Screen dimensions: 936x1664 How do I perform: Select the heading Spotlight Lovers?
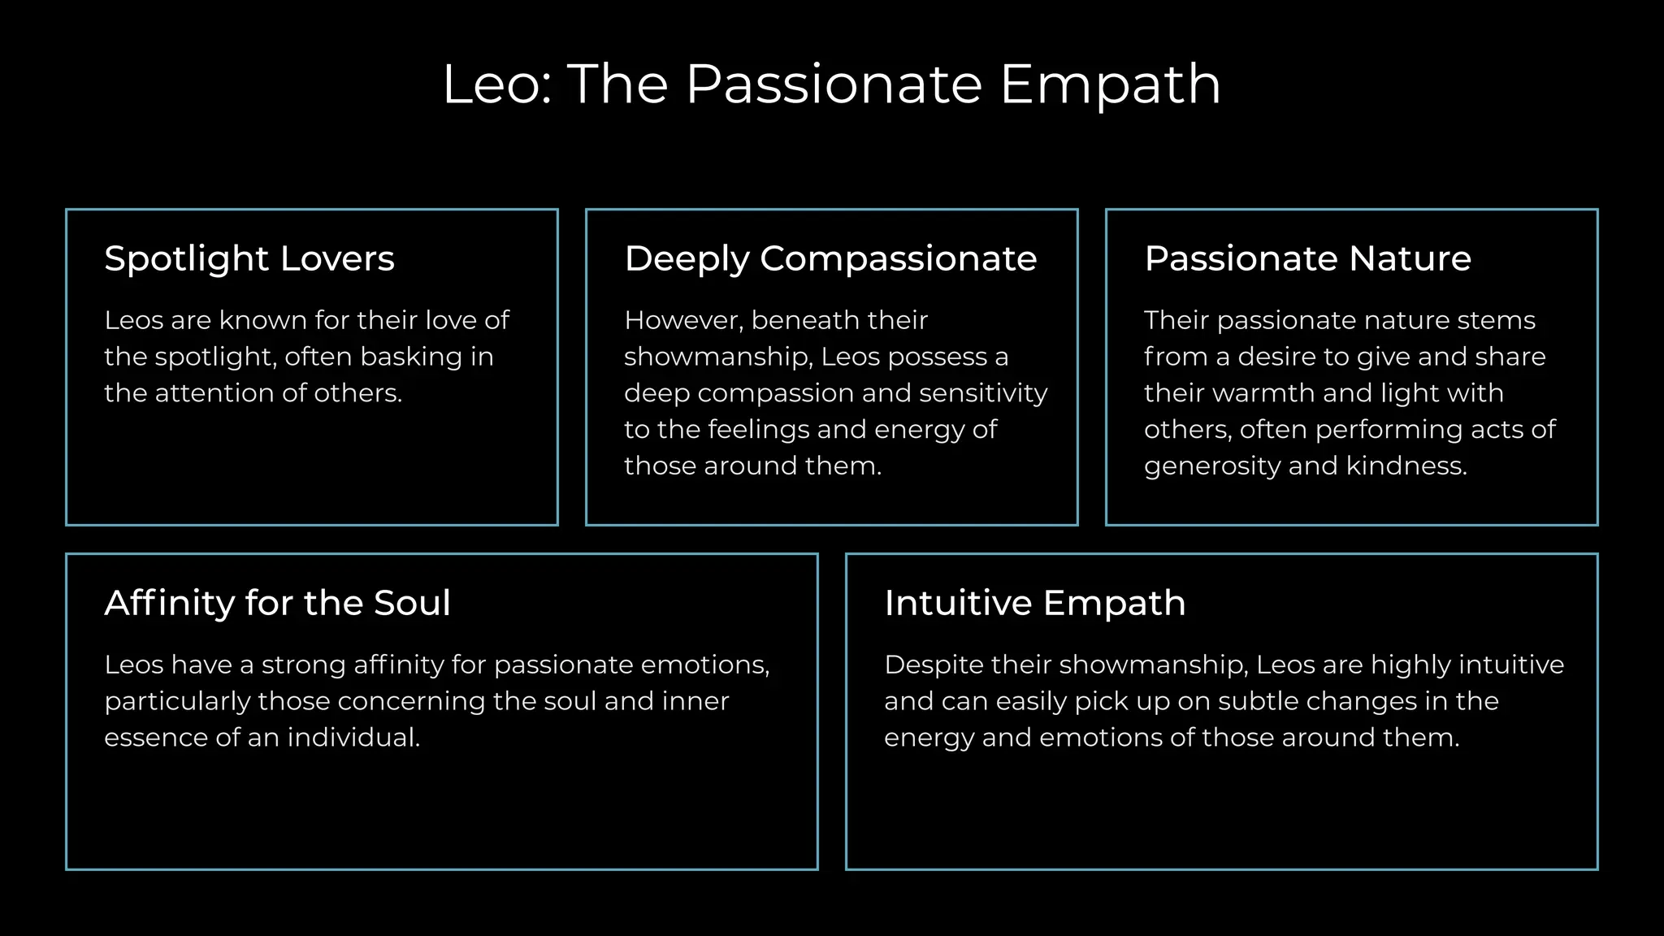249,259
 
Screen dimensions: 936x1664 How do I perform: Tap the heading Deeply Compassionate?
830,259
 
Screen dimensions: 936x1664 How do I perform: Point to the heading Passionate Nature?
1307,259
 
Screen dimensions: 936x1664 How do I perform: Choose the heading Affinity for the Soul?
277,604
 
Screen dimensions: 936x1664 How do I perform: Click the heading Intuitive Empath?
1034,604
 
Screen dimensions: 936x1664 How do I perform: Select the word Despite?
932,665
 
